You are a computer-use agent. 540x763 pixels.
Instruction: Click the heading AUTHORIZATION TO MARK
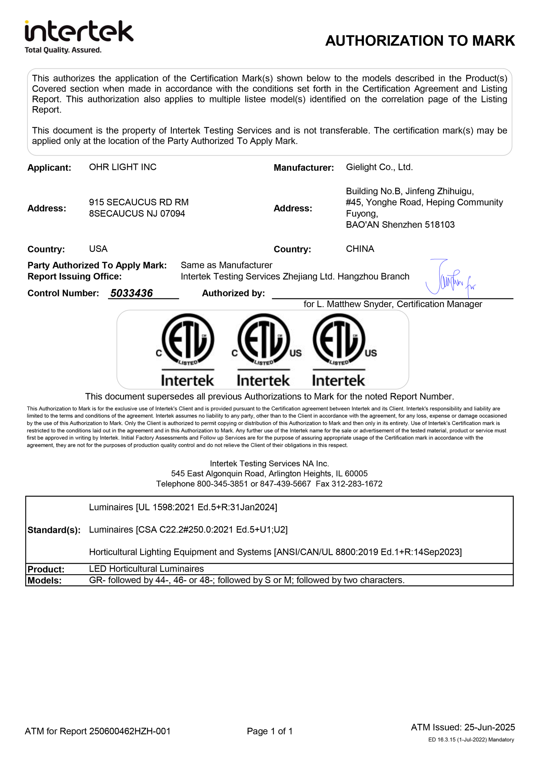(x=420, y=41)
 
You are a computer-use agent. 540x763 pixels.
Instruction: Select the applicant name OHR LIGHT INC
(x=123, y=167)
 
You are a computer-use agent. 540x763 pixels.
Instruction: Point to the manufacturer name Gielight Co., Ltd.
(x=379, y=167)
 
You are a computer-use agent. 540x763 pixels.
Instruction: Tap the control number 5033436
(x=131, y=293)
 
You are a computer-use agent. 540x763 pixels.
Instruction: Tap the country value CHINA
(x=360, y=249)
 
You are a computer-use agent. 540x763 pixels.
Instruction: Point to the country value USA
(x=98, y=249)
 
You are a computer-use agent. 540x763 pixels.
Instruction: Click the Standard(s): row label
(x=54, y=530)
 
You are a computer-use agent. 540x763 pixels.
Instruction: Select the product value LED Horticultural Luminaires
(x=146, y=569)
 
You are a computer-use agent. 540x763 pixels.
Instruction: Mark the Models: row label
(x=45, y=580)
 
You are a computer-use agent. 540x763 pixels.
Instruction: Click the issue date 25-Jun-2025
(x=489, y=727)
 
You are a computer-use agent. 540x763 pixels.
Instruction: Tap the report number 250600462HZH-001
(x=130, y=731)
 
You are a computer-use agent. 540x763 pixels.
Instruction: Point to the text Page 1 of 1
(x=270, y=731)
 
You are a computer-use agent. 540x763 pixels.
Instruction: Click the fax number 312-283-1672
(x=357, y=484)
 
